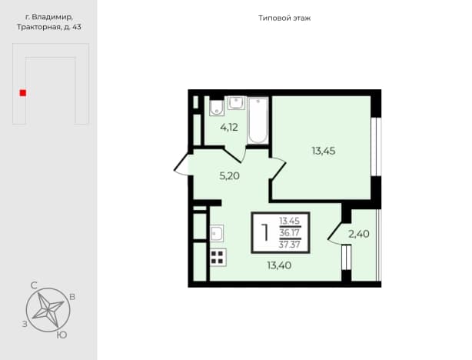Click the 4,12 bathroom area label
tap(229, 128)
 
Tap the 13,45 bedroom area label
tap(324, 151)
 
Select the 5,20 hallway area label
tap(229, 175)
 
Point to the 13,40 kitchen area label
tap(279, 265)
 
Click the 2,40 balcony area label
tap(359, 234)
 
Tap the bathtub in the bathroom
tap(258, 120)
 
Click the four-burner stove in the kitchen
tap(218, 258)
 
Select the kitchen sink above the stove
tap(217, 233)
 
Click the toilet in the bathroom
tap(217, 107)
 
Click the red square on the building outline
tap(23, 93)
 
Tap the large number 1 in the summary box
tap(265, 232)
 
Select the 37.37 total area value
tap(290, 244)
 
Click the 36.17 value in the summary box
tap(290, 232)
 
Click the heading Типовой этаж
tap(284, 18)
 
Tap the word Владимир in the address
tap(52, 17)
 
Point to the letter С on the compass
tap(34, 285)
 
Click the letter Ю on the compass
tap(61, 335)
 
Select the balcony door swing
tap(336, 233)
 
